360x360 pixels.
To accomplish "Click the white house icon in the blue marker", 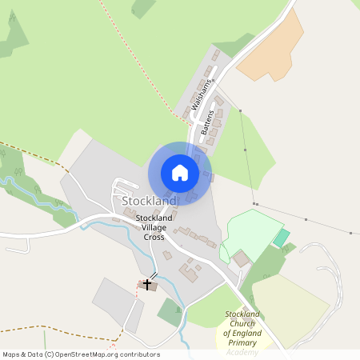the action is pyautogui.click(x=180, y=173).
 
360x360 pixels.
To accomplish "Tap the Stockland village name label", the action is pyautogui.click(x=150, y=200).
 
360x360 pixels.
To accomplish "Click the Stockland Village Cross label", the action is pyautogui.click(x=154, y=227).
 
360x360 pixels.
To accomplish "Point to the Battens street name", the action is pyautogui.click(x=210, y=120).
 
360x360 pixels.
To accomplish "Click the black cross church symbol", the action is pyautogui.click(x=147, y=284).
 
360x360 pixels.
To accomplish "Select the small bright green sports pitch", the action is pyautogui.click(x=282, y=238).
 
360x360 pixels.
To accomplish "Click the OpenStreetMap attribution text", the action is pyautogui.click(x=80, y=354).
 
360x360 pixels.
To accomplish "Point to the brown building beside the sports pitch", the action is pyautogui.click(x=241, y=258).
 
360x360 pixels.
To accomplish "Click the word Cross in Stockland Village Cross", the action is pyautogui.click(x=154, y=237).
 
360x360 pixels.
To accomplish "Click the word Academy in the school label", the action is pyautogui.click(x=242, y=351).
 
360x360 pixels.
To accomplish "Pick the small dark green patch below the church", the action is pyautogui.click(x=170, y=311).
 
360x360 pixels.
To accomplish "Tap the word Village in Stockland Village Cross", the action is pyautogui.click(x=154, y=227).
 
